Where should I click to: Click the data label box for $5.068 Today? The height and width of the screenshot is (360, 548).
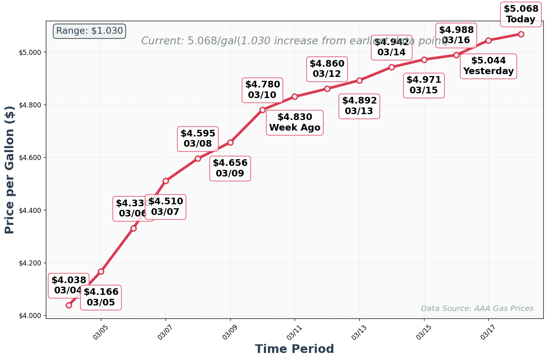tap(521, 14)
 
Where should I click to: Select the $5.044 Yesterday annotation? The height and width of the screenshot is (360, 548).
tap(488, 66)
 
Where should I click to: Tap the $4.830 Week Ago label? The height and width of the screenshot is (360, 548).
tap(295, 122)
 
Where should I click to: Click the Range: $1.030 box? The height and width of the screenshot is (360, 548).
tap(89, 31)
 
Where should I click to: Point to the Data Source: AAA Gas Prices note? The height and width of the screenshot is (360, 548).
tap(477, 309)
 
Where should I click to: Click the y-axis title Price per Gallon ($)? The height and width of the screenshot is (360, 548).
tap(10, 170)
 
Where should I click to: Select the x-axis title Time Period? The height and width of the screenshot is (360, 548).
tap(294, 349)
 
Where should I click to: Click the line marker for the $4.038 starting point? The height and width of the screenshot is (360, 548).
tap(69, 305)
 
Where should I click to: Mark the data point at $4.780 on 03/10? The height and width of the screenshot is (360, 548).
tap(262, 110)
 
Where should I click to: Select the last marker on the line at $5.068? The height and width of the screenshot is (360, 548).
tap(521, 34)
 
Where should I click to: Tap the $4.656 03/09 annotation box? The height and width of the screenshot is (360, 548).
tap(230, 169)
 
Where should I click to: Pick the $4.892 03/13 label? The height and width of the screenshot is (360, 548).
tap(359, 106)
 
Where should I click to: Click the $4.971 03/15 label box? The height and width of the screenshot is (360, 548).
tap(424, 85)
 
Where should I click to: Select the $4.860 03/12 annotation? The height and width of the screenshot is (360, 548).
tap(327, 69)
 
